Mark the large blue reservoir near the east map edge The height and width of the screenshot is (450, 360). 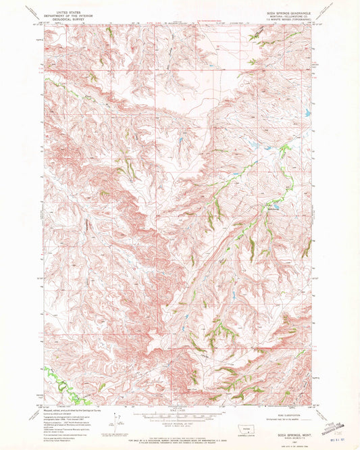click(308, 114)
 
